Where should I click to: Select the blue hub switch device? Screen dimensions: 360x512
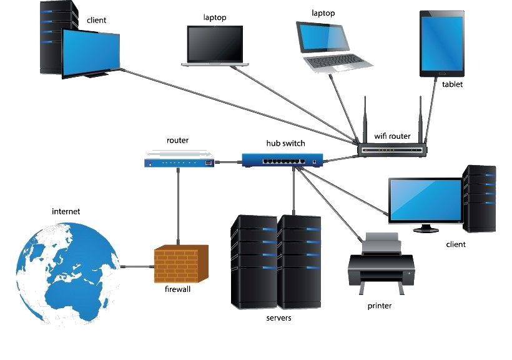tap(285, 159)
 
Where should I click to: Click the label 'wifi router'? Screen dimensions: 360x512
tap(392, 136)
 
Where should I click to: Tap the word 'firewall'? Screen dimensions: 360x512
tap(178, 289)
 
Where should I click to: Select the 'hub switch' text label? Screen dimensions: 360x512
tap(286, 143)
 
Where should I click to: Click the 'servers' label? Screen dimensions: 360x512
tap(278, 318)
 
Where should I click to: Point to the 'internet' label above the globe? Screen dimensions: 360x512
tap(66, 211)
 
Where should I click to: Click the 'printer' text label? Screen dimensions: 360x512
tap(380, 306)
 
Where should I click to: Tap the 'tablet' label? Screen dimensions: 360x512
tap(453, 84)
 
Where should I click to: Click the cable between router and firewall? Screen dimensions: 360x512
tap(178, 206)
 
